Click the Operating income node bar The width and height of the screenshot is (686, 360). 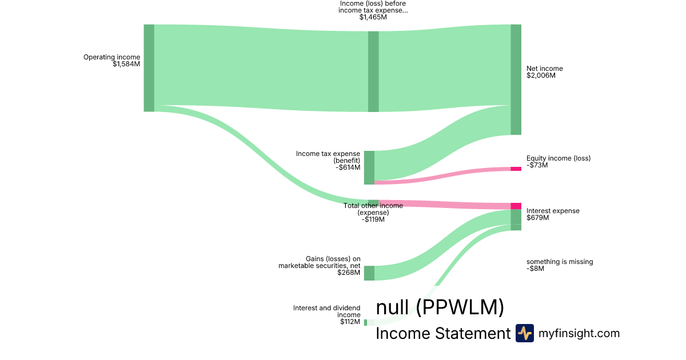pyautogui.click(x=149, y=68)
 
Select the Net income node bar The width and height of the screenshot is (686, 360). pyautogui.click(x=516, y=79)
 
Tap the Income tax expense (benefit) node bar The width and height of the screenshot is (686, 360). pyautogui.click(x=369, y=167)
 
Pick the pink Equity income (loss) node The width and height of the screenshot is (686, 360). pyautogui.click(x=516, y=169)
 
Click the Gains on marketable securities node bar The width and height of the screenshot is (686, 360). pyautogui.click(x=369, y=273)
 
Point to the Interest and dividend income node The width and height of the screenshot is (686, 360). pyautogui.click(x=366, y=322)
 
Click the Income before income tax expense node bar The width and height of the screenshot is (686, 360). pyautogui.click(x=373, y=71)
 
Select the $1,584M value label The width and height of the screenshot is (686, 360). pyautogui.click(x=126, y=64)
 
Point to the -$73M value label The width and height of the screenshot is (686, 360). pyautogui.click(x=537, y=165)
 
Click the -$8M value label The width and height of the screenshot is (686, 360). pyautogui.click(x=535, y=269)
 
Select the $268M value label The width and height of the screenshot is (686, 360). pyautogui.click(x=349, y=273)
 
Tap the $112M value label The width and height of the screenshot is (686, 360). pyautogui.click(x=350, y=322)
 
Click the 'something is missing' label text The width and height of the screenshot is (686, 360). pyautogui.click(x=560, y=262)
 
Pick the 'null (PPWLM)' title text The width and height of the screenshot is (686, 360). pyautogui.click(x=440, y=307)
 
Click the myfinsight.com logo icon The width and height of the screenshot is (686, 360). pyautogui.click(x=524, y=333)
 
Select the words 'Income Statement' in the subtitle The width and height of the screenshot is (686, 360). pyautogui.click(x=442, y=333)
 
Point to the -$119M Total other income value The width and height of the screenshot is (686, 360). pyautogui.click(x=373, y=219)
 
